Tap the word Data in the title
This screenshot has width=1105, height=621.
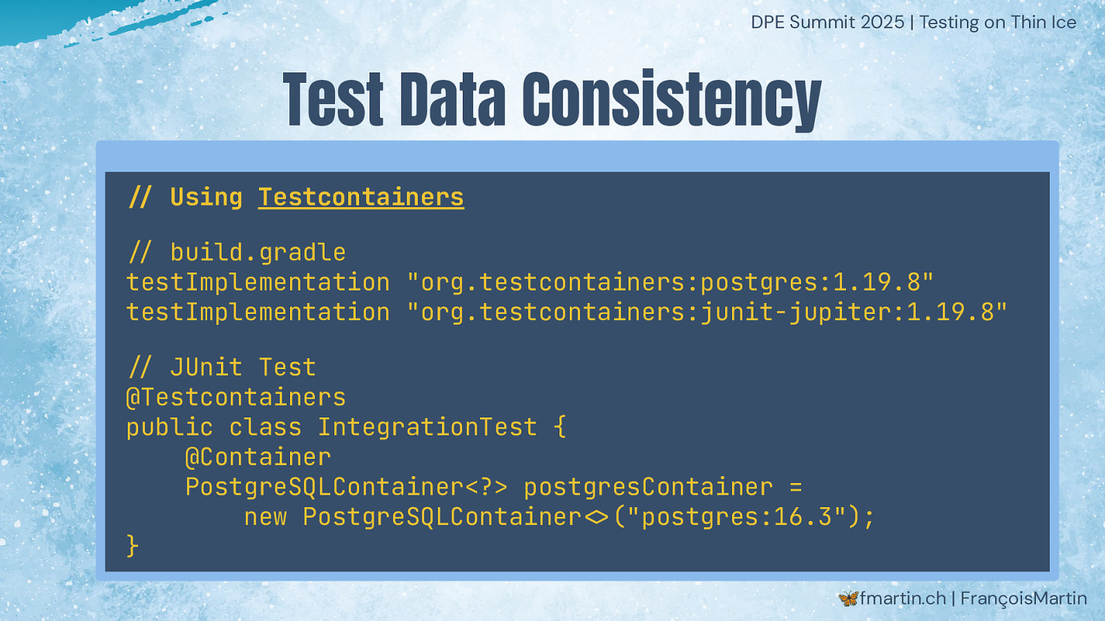453,99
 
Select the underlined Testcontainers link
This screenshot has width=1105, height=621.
361,197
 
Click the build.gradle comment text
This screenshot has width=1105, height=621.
237,253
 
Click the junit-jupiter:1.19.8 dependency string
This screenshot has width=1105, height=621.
707,313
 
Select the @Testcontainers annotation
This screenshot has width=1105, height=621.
236,397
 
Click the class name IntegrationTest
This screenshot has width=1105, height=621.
427,427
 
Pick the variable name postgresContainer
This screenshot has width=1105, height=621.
648,487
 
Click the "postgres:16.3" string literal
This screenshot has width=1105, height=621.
737,517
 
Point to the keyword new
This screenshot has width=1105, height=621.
265,517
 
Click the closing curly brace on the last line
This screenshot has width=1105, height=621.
132,546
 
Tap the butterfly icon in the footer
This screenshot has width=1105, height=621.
848,599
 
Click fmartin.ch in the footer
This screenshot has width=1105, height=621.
903,598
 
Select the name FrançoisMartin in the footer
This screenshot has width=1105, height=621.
1024,599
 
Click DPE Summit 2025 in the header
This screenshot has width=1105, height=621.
827,23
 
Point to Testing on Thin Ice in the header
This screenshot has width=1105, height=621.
998,23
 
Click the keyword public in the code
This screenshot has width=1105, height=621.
170,428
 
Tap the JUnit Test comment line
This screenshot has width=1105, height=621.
222,368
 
